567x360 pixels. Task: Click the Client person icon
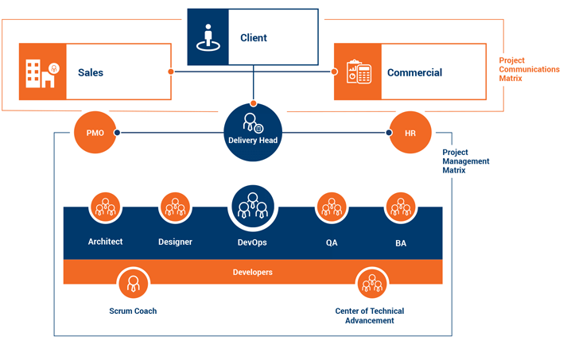click(208, 37)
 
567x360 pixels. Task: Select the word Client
click(254, 37)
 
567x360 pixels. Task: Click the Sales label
click(91, 72)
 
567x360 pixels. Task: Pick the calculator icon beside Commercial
click(357, 72)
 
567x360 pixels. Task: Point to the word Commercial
click(414, 72)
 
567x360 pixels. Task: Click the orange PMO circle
click(95, 132)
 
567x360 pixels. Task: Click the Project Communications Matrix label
click(529, 69)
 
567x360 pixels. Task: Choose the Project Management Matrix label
click(465, 161)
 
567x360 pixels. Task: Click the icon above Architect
click(106, 208)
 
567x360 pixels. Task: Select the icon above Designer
click(175, 208)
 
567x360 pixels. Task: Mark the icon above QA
click(332, 208)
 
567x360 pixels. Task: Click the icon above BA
click(400, 208)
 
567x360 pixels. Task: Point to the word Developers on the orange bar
click(253, 272)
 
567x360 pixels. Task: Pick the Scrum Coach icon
click(133, 282)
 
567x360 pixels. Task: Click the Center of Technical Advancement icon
click(370, 282)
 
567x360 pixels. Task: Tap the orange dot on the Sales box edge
click(171, 72)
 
